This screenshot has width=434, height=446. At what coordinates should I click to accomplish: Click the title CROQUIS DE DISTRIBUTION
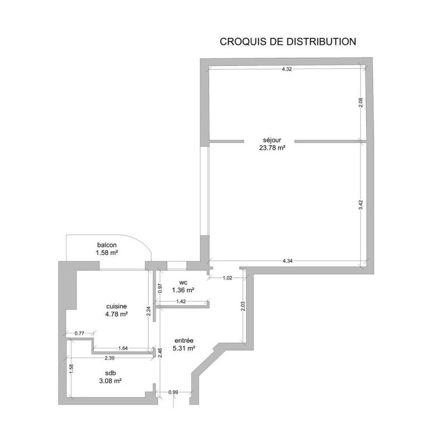click(x=288, y=41)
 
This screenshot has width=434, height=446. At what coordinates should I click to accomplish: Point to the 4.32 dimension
click(x=287, y=69)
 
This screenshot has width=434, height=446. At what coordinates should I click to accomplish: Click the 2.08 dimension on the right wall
click(x=361, y=103)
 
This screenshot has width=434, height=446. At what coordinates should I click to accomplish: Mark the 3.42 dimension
click(x=361, y=204)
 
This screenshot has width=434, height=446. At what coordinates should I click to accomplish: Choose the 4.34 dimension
click(x=287, y=260)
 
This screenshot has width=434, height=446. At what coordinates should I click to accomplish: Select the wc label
click(x=182, y=282)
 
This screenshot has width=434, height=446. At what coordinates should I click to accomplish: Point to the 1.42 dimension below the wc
click(x=181, y=301)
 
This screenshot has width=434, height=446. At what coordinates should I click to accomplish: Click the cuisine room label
click(x=117, y=306)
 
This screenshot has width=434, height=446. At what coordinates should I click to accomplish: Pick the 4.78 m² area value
click(x=117, y=314)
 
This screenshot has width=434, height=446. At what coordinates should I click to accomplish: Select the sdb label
click(x=110, y=372)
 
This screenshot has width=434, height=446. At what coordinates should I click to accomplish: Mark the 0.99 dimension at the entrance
click(x=173, y=392)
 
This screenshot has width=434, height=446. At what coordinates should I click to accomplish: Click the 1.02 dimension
click(x=227, y=278)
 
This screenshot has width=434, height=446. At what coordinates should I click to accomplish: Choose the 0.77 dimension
click(x=79, y=333)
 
